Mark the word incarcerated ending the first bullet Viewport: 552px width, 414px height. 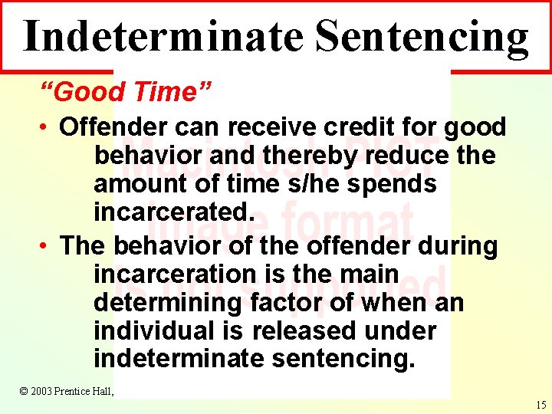173,212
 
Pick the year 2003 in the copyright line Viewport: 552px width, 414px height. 43,391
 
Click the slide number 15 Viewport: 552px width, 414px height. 540,406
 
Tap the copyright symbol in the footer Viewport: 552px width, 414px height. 23,391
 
